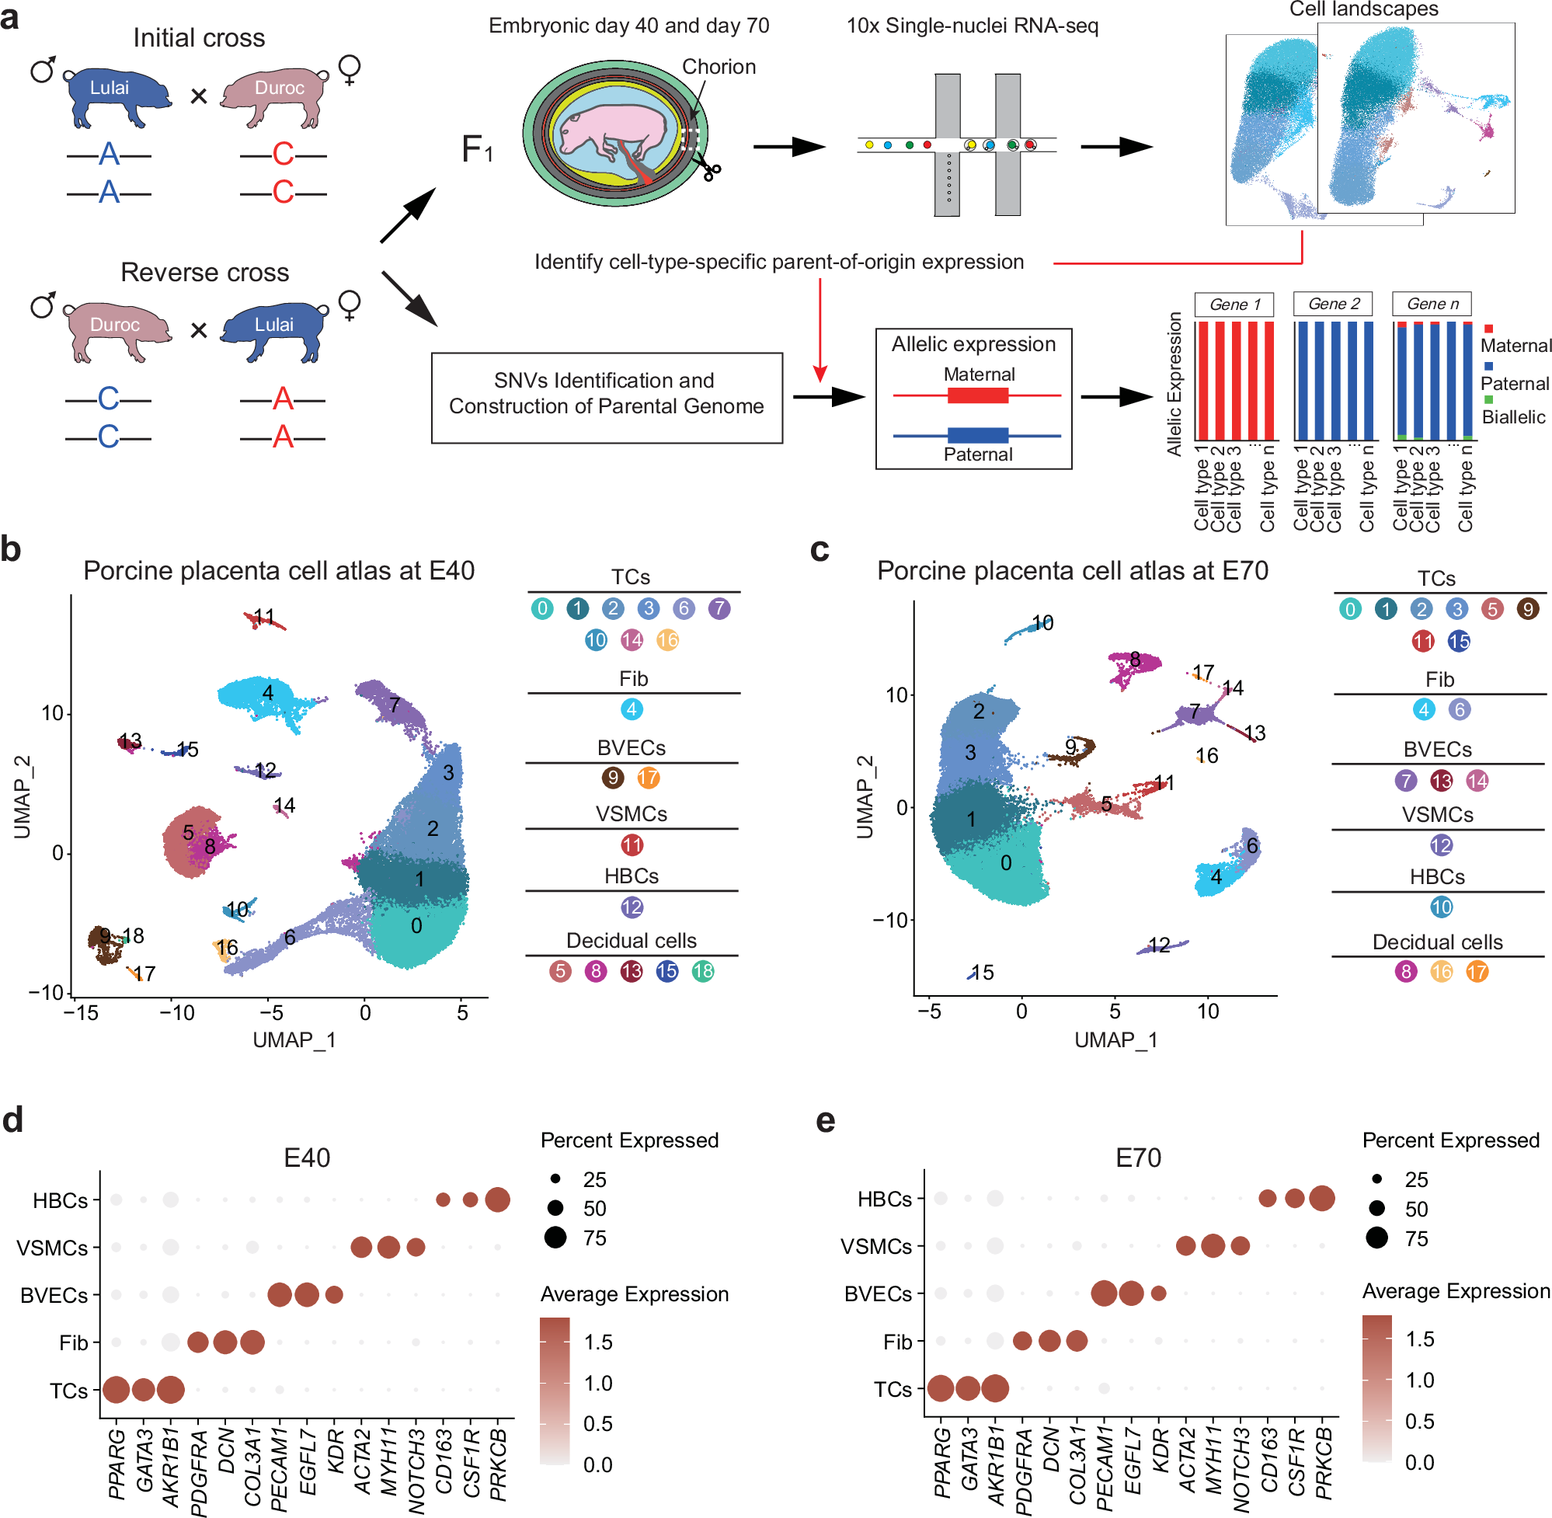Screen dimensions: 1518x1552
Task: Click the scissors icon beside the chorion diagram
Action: [x=709, y=170]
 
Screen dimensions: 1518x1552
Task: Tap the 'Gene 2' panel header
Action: [x=1333, y=304]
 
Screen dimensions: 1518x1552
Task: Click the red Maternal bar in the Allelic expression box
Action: [x=977, y=395]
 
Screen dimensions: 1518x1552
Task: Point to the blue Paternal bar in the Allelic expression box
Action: [x=977, y=434]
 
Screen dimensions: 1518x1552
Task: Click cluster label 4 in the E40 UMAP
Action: [x=268, y=692]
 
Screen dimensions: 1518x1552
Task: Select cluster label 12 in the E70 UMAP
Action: [x=1159, y=945]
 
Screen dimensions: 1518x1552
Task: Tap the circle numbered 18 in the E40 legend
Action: [x=702, y=971]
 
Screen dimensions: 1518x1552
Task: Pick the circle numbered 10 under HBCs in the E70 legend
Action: [x=1440, y=907]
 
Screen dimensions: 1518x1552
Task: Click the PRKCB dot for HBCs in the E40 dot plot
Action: [x=497, y=1199]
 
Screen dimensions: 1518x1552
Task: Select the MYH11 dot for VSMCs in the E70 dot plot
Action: [x=1213, y=1245]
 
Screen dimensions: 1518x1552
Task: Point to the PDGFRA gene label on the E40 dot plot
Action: [x=200, y=1471]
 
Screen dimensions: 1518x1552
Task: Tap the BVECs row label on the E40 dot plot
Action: [x=54, y=1296]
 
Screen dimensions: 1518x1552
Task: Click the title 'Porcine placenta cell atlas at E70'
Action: [x=1072, y=571]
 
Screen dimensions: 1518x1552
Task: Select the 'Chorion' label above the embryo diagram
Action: [x=719, y=67]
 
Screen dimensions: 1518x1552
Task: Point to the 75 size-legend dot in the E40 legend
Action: [x=555, y=1238]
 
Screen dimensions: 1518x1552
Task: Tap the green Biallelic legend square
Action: [x=1488, y=399]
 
